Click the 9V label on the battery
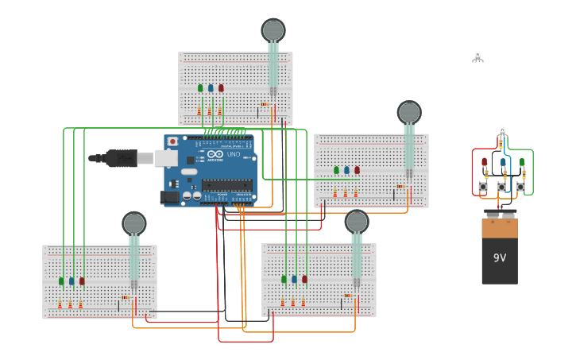(x=500, y=258)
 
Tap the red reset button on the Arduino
(x=172, y=141)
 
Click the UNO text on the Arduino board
(x=234, y=154)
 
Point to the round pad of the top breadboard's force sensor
(x=273, y=30)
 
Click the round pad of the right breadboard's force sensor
(x=409, y=112)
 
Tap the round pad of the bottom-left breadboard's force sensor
(x=134, y=223)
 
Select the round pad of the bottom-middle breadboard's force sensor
(x=357, y=221)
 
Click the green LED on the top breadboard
(x=200, y=88)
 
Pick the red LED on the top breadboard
(x=221, y=88)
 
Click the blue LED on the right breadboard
(x=346, y=170)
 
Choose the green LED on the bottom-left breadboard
(x=61, y=281)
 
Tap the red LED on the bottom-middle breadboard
(x=304, y=279)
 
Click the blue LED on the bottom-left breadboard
(x=72, y=281)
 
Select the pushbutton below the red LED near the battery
(x=483, y=187)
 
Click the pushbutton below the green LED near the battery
(x=520, y=187)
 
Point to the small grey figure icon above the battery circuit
(x=477, y=56)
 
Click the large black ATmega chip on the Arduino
(x=226, y=185)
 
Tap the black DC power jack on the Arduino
(x=169, y=196)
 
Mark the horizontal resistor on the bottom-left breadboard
(x=124, y=297)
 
